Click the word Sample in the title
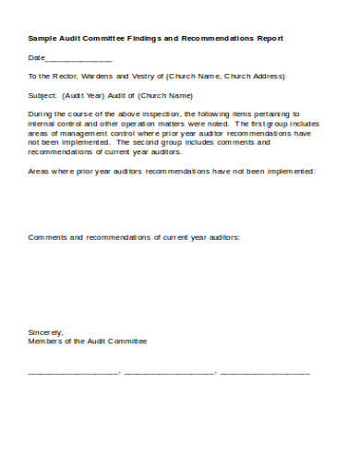(42, 39)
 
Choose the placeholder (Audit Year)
(85, 94)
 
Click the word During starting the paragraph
(42, 112)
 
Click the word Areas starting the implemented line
(40, 172)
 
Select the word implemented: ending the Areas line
(287, 172)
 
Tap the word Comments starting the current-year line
(47, 237)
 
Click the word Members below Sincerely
(46, 341)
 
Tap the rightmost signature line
(265, 374)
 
